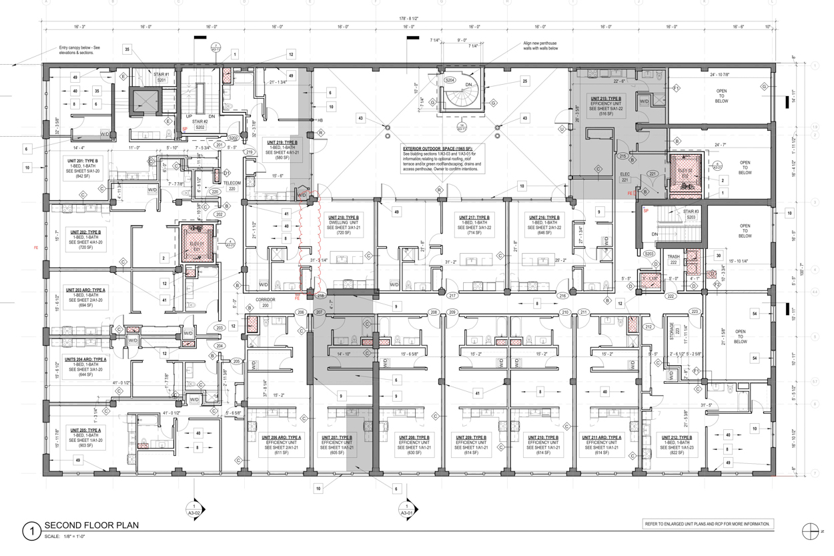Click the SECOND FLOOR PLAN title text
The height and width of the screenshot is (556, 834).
[91, 525]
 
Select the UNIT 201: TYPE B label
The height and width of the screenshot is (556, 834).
[82, 161]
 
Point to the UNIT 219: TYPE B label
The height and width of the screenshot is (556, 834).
[282, 143]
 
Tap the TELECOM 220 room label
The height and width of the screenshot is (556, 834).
[232, 186]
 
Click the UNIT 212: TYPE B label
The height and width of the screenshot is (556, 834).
[679, 438]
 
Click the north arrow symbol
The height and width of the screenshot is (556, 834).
[810, 531]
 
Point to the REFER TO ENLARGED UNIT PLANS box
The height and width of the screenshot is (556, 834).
[707, 524]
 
